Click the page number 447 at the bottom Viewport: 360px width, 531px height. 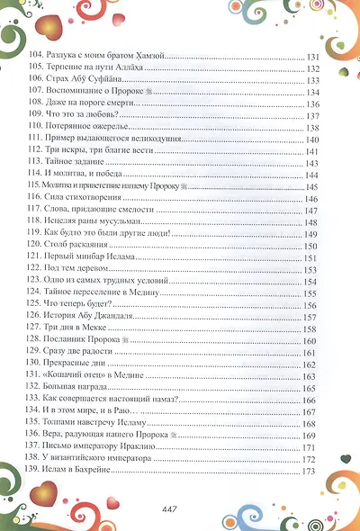point(180,509)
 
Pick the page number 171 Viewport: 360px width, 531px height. point(314,447)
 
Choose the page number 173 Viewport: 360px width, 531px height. point(314,471)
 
